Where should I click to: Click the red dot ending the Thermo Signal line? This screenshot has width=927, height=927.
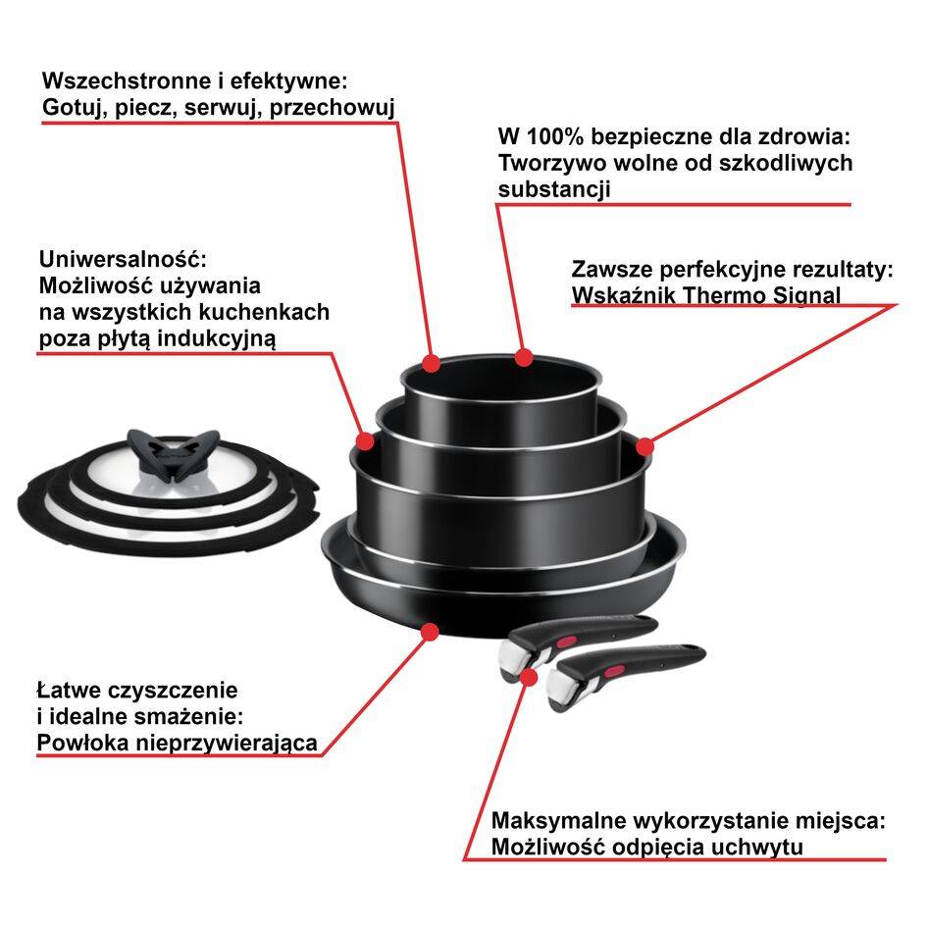coord(644,447)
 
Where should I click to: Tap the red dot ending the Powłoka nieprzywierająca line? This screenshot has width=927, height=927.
coord(429,633)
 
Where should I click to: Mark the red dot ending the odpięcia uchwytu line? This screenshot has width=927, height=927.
coord(531,675)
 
